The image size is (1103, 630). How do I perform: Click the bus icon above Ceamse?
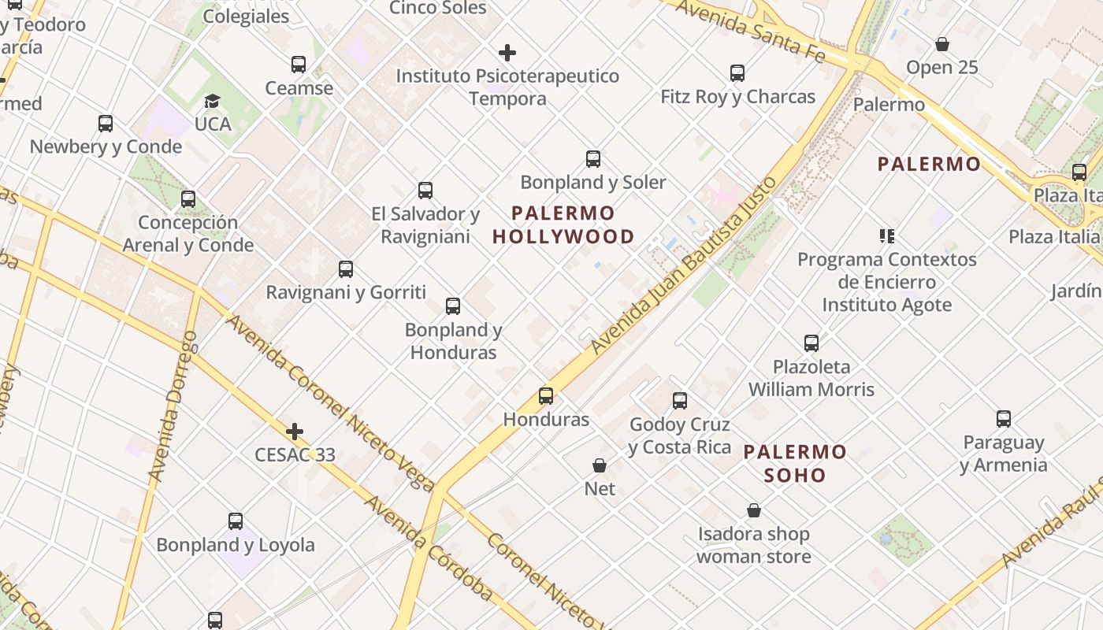[x=298, y=65]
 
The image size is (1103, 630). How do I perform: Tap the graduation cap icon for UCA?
[x=212, y=101]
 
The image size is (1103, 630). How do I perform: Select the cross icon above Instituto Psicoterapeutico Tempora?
[x=507, y=54]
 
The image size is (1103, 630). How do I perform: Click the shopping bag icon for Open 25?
[x=941, y=44]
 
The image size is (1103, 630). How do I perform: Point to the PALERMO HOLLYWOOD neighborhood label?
[x=563, y=224]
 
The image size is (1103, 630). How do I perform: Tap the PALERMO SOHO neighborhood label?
[x=795, y=463]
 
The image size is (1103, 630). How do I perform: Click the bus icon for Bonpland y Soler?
[x=593, y=159]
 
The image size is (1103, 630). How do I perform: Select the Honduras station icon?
[x=546, y=396]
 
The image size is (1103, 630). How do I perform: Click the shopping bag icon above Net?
[x=600, y=465]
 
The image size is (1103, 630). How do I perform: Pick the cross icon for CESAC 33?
[x=295, y=432]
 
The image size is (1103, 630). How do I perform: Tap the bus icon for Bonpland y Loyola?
[x=235, y=521]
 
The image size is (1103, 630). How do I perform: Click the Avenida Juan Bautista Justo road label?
[x=684, y=266]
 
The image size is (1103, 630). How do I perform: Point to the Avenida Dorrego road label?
[x=173, y=406]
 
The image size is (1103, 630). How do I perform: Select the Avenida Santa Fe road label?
[x=750, y=31]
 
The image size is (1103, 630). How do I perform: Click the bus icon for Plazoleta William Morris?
[x=811, y=343]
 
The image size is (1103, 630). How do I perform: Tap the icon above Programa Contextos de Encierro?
[x=887, y=236]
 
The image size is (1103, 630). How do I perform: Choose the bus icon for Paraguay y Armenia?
[x=1003, y=419]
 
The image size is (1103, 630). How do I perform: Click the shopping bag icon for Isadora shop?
[x=754, y=511]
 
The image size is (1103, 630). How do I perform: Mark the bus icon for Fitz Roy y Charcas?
[x=737, y=73]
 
